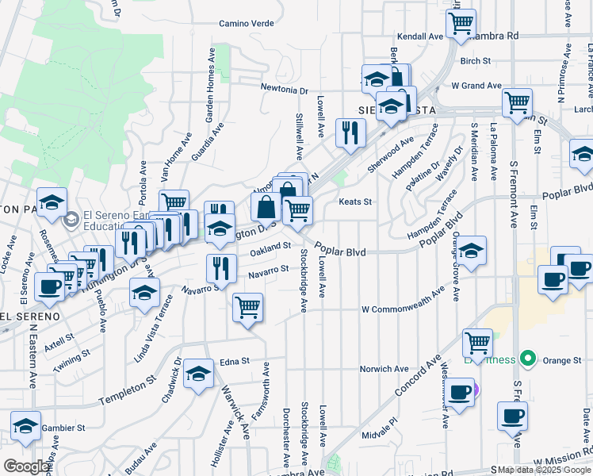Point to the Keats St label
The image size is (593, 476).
click(355, 202)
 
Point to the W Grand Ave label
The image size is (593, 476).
click(476, 85)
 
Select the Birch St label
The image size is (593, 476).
click(476, 60)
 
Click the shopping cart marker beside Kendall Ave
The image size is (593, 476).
click(461, 23)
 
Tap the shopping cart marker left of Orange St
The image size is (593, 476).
click(477, 344)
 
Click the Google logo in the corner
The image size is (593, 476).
click(26, 466)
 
